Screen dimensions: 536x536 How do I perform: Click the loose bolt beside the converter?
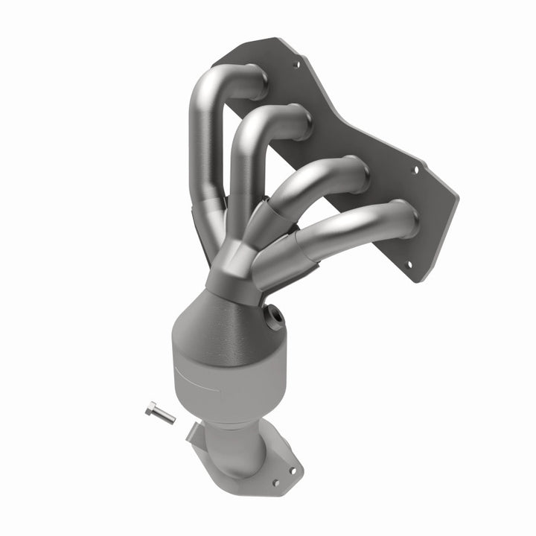click(160, 412)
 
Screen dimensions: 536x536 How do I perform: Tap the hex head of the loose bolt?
click(151, 407)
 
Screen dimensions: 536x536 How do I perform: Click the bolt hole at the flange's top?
click(296, 64)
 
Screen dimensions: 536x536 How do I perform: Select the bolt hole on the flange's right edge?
click(415, 169)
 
